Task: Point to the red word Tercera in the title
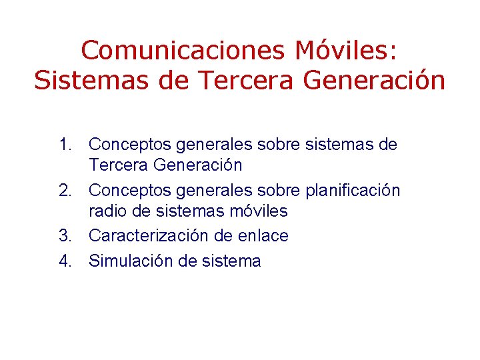pos(233,81)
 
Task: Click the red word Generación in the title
pos(373,81)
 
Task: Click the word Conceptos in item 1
pos(124,145)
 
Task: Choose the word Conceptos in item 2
pos(124,191)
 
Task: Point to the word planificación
pos(353,191)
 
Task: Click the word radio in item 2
pos(105,212)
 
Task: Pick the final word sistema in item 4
pos(229,261)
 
